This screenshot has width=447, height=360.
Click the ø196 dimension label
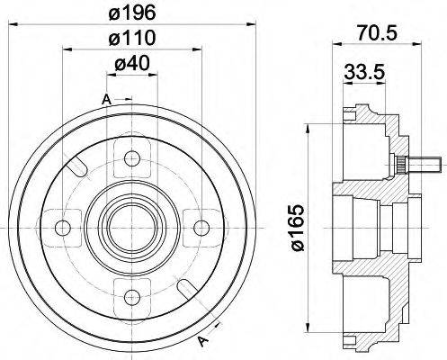coord(133,13)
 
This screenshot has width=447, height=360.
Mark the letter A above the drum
coord(106,97)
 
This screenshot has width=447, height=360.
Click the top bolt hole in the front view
coord(133,160)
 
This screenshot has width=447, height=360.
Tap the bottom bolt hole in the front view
coord(133,290)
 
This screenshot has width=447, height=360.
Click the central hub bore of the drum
coord(133,225)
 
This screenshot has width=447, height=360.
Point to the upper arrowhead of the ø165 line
coord(308,119)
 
